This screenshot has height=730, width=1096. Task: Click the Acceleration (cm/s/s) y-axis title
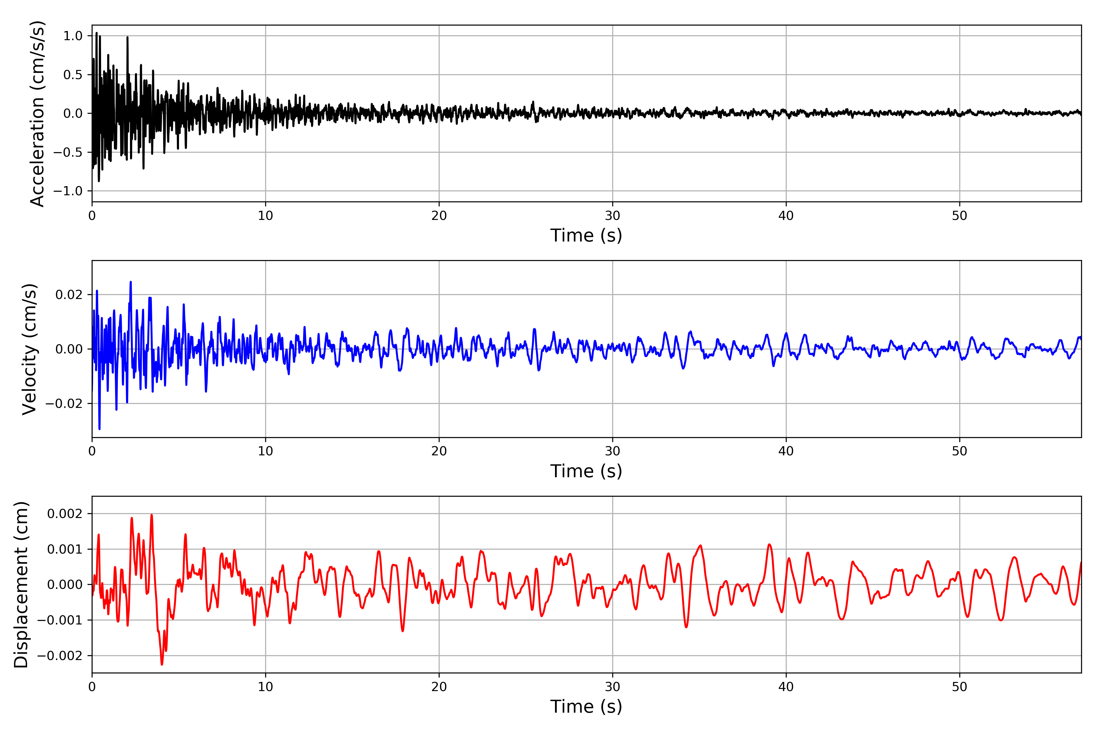coord(37,113)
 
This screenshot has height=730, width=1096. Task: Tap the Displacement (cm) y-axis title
coord(21,584)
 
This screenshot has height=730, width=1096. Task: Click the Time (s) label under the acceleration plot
coord(586,235)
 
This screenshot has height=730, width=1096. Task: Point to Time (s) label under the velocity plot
coord(586,471)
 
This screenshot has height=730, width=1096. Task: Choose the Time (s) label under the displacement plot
coord(586,707)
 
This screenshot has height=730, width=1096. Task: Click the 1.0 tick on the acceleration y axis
coord(73,36)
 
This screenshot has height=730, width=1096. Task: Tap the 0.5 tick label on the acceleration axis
coord(73,75)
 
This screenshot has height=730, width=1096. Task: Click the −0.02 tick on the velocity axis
coord(64,404)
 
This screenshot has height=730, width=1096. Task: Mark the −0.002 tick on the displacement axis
coord(60,655)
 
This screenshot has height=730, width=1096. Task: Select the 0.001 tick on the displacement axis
coord(65,549)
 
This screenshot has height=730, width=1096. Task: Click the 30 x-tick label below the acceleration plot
coord(612,216)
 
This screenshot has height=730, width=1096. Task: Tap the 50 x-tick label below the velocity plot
coord(960,451)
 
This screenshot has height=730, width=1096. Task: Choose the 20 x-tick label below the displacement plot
coord(439,687)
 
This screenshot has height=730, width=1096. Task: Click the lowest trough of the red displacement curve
coord(162,664)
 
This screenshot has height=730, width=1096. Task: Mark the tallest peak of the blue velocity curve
coord(131,282)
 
